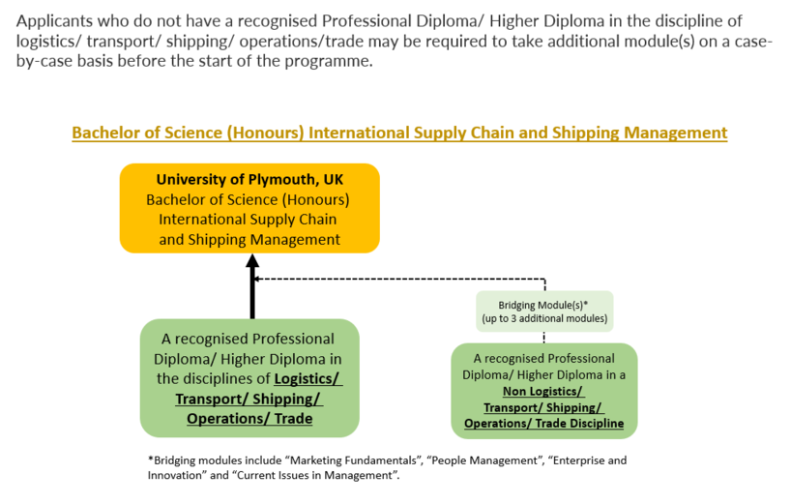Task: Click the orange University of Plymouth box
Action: pos(249,208)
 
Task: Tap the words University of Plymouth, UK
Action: pos(249,180)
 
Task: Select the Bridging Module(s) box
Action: pos(544,311)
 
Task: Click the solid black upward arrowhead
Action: pos(252,261)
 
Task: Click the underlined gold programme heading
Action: pos(399,133)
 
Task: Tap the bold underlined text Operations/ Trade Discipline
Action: pos(543,424)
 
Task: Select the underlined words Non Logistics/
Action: pos(543,391)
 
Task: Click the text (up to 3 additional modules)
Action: pos(544,318)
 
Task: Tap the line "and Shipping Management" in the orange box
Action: pos(249,239)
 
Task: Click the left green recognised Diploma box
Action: pos(249,378)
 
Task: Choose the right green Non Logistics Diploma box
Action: pos(543,390)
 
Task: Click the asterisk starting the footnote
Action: pos(151,460)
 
